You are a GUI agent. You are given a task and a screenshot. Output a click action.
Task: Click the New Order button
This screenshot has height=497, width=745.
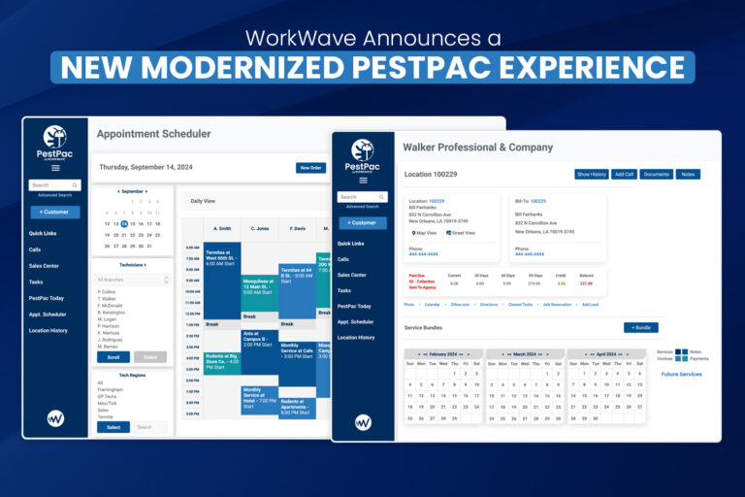tap(310, 167)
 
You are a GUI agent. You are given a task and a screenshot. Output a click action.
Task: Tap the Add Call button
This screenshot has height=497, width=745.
tap(625, 175)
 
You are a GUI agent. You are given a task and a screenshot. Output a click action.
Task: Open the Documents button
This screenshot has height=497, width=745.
tap(657, 175)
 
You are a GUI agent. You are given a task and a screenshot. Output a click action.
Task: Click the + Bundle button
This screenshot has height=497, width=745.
tap(640, 328)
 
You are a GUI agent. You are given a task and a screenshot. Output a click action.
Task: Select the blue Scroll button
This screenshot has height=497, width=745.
tap(113, 357)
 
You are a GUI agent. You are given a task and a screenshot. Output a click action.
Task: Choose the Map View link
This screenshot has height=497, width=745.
tap(423, 233)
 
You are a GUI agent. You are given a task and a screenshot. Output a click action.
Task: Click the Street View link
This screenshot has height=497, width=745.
tap(461, 233)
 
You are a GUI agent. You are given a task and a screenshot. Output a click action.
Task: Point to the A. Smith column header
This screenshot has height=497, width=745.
tap(221, 229)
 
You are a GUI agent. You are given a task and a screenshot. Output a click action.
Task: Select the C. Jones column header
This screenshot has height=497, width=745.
tap(260, 229)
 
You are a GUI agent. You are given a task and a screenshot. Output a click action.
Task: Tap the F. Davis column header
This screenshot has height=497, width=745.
tap(297, 229)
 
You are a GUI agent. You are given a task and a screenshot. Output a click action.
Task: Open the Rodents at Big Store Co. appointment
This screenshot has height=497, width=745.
tap(221, 361)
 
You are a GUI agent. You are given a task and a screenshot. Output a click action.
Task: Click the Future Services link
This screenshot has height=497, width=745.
tap(681, 374)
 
